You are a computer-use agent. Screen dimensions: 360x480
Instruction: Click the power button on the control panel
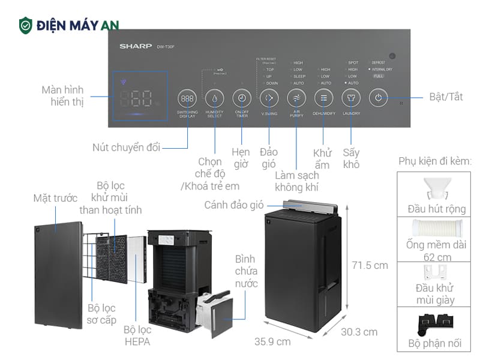click(x=379, y=98)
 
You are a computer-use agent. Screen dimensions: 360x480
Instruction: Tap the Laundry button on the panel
click(x=351, y=98)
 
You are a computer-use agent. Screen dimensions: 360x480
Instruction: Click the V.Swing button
click(x=269, y=98)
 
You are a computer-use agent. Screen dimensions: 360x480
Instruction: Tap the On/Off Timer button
click(x=242, y=98)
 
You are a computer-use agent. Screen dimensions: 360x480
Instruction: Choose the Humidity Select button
click(x=214, y=98)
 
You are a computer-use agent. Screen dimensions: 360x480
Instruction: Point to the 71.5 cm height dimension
click(x=370, y=265)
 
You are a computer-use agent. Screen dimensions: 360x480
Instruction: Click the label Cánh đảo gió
click(x=233, y=205)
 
